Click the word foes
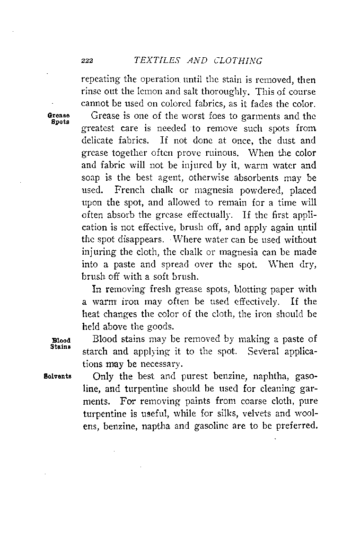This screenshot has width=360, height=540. point(207,115)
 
